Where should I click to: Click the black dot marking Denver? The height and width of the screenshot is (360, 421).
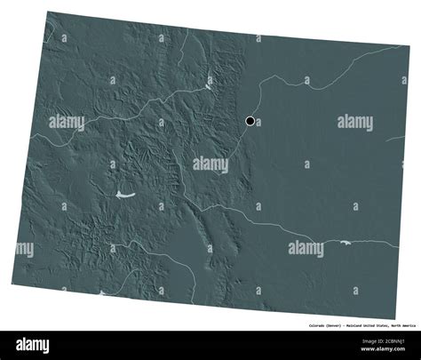[x=250, y=121]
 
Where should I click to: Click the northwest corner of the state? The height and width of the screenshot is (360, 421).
[x=47, y=12]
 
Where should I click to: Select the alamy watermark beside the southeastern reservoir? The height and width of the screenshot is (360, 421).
[x=306, y=250]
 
